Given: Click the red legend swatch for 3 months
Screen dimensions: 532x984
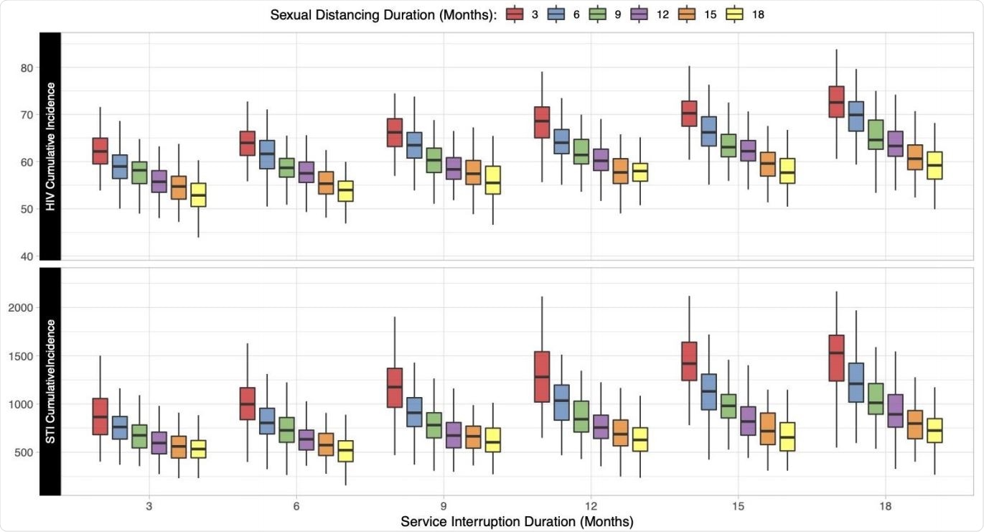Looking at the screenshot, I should [514, 14].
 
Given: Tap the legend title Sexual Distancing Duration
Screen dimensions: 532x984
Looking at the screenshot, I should [383, 14].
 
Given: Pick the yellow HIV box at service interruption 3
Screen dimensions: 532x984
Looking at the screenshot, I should [198, 195].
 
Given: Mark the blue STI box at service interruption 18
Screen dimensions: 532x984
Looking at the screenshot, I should [856, 383].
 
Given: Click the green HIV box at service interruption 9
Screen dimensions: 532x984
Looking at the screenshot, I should [434, 160].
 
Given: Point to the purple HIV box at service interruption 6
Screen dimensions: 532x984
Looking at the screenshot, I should [306, 172].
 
